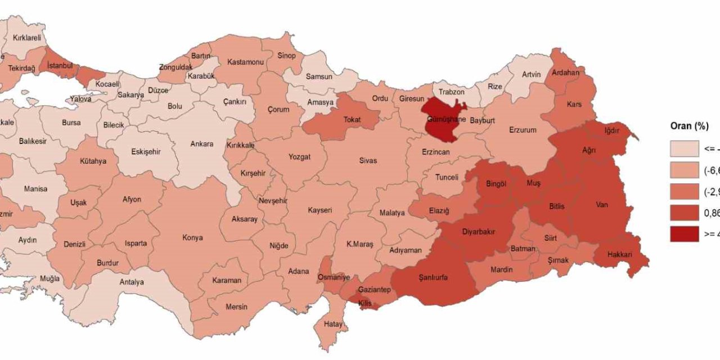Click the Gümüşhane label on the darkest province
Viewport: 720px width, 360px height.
tap(447, 120)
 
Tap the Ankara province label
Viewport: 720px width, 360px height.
tap(201, 144)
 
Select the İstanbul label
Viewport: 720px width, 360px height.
tap(60, 66)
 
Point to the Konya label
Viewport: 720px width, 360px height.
tap(192, 237)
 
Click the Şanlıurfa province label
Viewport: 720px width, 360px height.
tap(433, 277)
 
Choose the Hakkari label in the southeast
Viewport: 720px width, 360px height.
tap(620, 255)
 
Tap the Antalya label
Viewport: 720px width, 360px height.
tap(132, 282)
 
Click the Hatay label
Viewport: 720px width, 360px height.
tap(333, 324)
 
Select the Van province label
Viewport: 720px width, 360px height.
tap(602, 205)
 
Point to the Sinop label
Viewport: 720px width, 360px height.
tap(286, 56)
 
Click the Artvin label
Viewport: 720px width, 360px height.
tap(531, 74)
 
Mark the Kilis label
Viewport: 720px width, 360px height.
tap(366, 303)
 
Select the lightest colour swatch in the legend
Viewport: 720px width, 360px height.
tap(684, 149)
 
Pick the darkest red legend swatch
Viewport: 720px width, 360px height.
tap(684, 235)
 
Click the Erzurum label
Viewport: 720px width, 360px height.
tap(523, 130)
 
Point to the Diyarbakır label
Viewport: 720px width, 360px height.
tap(479, 231)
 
